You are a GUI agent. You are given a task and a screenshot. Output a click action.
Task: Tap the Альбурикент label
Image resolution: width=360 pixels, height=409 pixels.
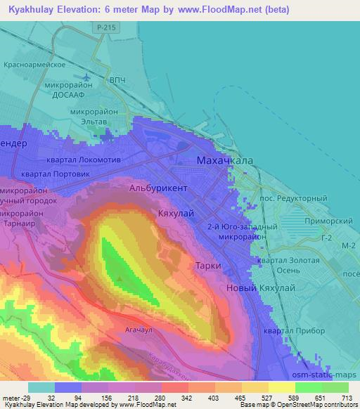pos(158,188)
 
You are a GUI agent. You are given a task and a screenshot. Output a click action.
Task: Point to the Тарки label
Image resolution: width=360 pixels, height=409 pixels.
pos(209,266)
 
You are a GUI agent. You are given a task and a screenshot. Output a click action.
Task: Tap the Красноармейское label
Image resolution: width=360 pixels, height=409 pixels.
pos(37,64)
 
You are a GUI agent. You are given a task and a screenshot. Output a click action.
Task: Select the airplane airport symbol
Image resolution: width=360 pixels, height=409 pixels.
pos(86,76)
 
